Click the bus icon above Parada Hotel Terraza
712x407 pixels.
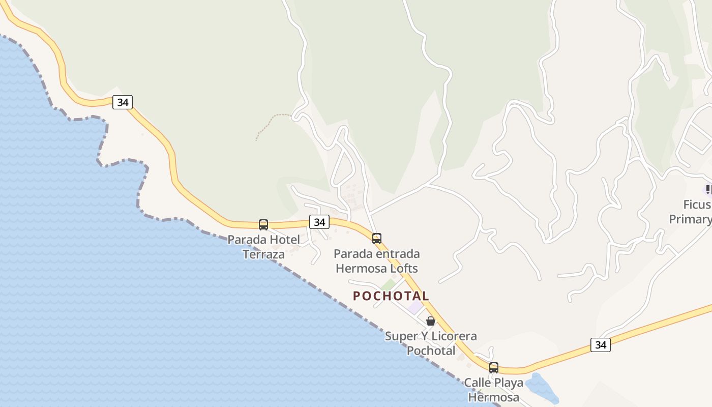[263, 224]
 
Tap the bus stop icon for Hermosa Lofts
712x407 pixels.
[377, 238]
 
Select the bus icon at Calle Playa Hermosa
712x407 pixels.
[494, 367]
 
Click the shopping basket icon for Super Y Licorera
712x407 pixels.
[431, 321]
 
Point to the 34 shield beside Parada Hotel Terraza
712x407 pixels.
[319, 222]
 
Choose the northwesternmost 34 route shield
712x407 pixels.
[123, 102]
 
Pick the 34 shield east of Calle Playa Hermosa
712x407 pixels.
[601, 345]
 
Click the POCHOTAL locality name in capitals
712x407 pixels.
[391, 296]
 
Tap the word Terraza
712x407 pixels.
[263, 254]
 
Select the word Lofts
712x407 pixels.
[402, 268]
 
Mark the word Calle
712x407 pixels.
[478, 383]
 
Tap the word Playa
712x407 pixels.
[509, 383]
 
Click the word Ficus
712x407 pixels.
[696, 205]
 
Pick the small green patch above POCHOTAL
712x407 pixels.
[389, 285]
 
